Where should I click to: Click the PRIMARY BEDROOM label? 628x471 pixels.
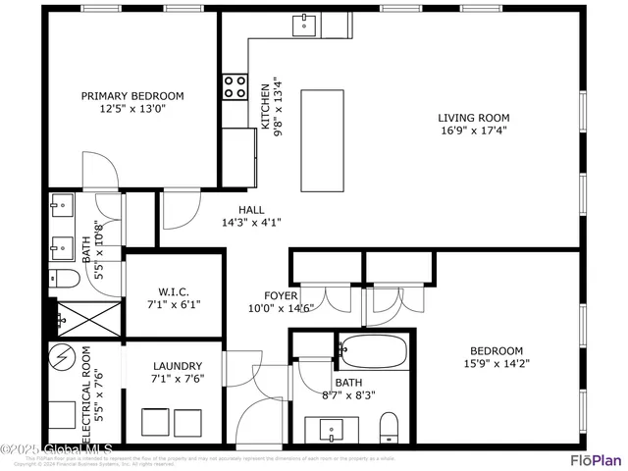coord(131,96)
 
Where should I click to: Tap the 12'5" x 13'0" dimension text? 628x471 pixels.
coord(131,110)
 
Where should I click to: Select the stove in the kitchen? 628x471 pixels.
coord(235,87)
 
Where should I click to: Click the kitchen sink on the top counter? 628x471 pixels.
coord(305,23)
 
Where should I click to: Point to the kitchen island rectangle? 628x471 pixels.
coord(323,141)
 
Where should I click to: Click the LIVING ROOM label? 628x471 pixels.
coord(473,118)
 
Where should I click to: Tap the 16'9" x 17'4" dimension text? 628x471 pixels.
coord(473,131)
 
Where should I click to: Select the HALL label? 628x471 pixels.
coord(251,209)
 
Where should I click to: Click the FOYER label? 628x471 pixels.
coord(281,295)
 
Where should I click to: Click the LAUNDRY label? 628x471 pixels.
coord(178,366)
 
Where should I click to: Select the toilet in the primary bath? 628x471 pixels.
coord(65,278)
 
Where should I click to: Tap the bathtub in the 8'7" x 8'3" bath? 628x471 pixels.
coord(372,349)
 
